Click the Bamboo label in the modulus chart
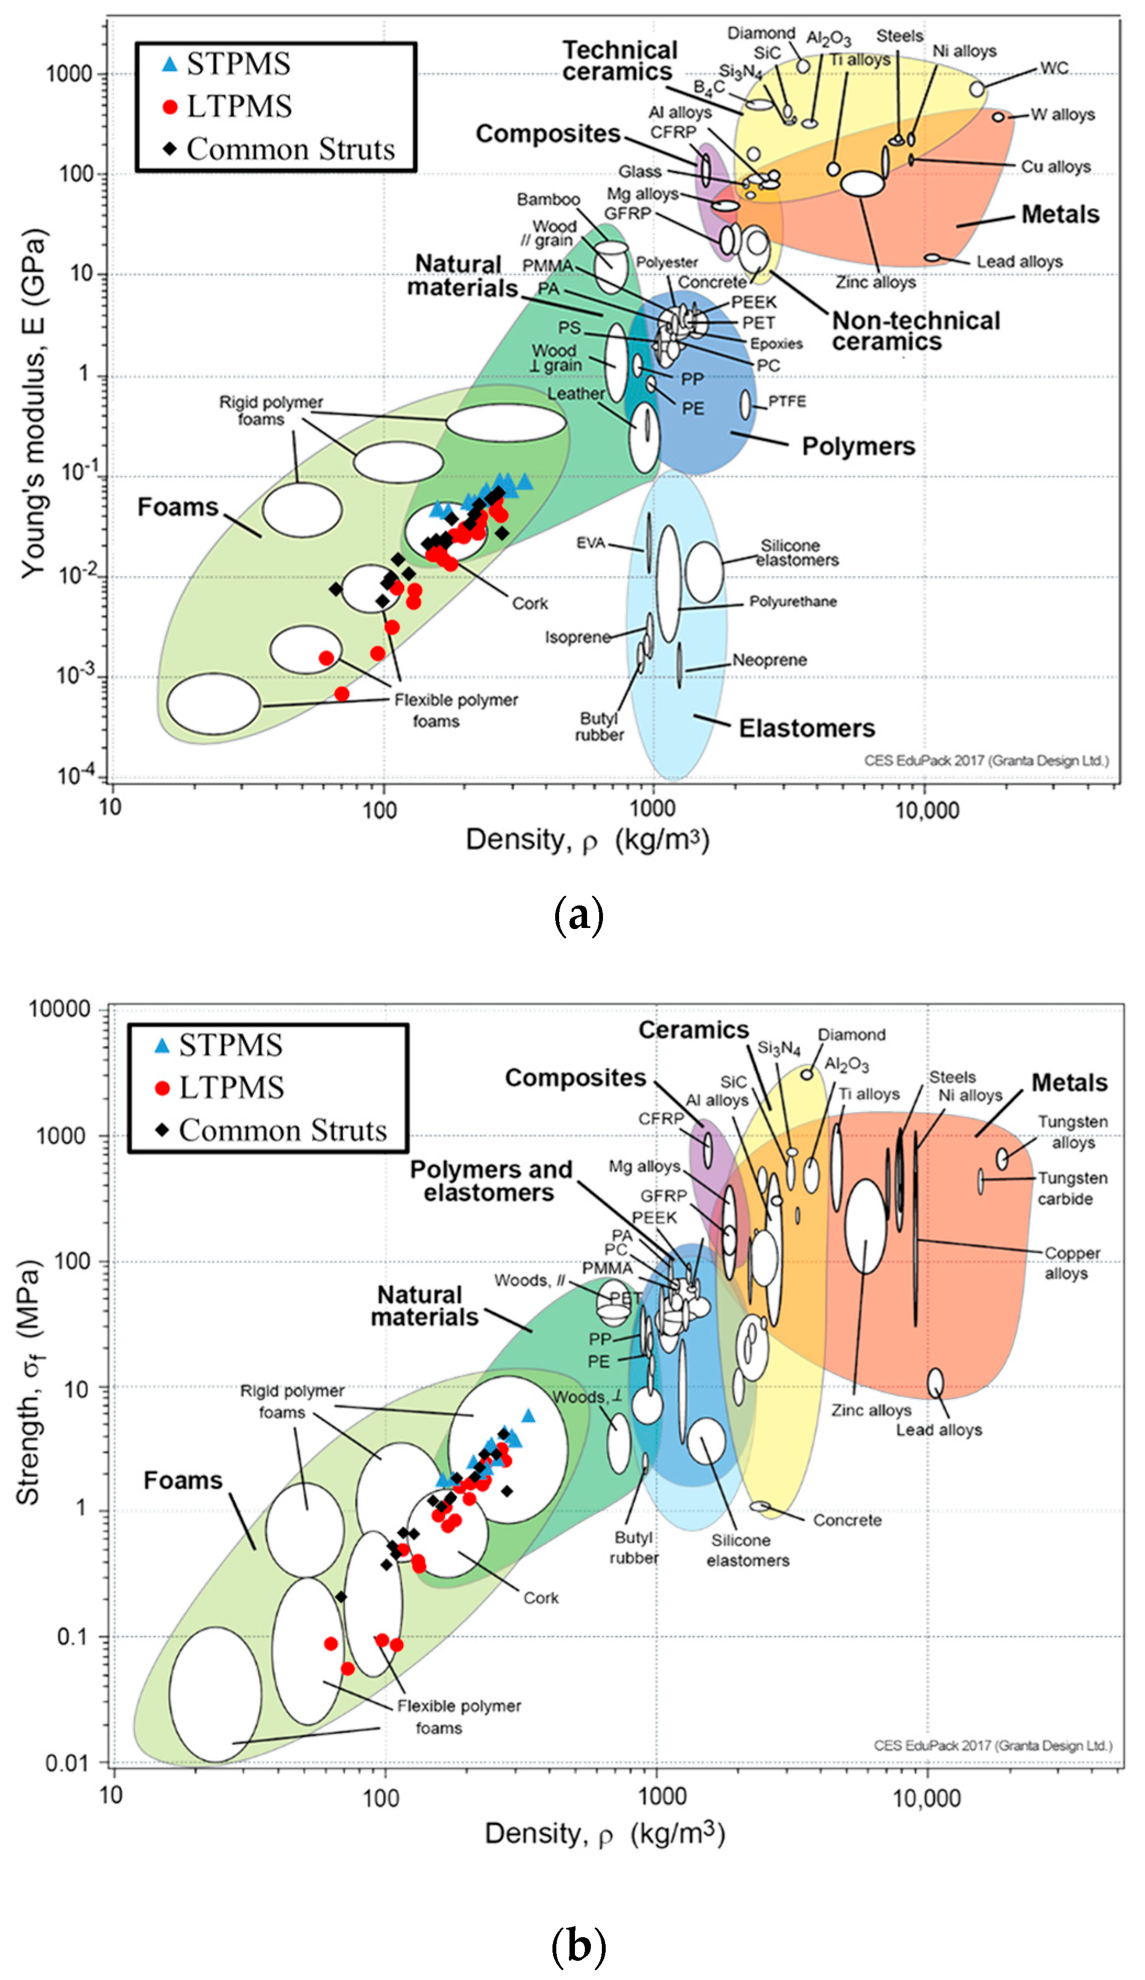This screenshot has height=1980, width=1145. click(548, 199)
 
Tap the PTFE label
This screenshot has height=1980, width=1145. click(786, 401)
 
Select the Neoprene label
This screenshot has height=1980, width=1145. click(769, 660)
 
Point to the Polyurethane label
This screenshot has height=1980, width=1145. click(792, 602)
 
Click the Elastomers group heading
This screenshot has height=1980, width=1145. click(806, 728)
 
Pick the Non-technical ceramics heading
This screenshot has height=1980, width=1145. click(915, 331)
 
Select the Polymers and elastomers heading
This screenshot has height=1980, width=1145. click(490, 1180)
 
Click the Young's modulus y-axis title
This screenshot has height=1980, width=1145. click(33, 404)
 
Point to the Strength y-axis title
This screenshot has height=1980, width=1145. click(29, 1382)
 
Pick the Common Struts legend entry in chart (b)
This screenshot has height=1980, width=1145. click(283, 1130)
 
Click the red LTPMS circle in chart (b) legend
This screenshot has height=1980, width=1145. click(163, 1088)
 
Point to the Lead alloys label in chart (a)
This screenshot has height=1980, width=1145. click(1019, 262)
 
